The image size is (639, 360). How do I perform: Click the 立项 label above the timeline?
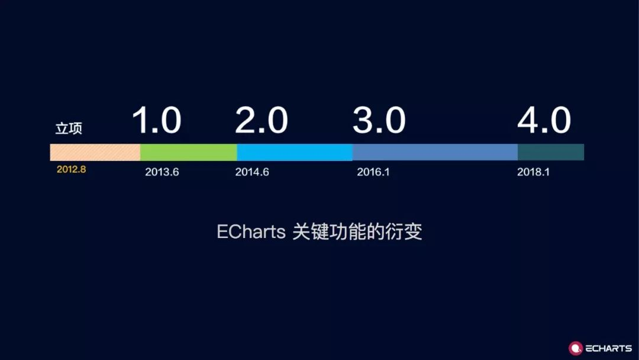point(69,128)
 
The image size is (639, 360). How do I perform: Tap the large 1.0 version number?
point(156,120)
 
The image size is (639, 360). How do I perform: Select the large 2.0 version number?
point(261,120)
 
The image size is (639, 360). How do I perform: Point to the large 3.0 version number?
point(379,120)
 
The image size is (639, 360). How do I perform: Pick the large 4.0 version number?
point(544,120)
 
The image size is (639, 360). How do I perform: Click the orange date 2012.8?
point(72,169)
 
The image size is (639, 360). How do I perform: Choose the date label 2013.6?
point(162,172)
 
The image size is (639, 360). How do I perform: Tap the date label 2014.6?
point(252,172)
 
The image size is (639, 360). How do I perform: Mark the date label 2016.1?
point(373,172)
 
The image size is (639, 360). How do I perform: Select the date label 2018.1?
point(534,172)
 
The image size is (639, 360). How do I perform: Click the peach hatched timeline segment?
point(95,152)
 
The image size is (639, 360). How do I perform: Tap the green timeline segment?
point(189,152)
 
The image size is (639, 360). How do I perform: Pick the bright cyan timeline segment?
point(295,152)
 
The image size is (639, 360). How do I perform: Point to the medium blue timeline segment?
point(435,152)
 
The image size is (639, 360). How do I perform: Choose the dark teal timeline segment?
point(551,152)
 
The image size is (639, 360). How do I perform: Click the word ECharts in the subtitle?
point(251,232)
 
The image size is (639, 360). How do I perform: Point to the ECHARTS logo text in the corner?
point(608,348)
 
